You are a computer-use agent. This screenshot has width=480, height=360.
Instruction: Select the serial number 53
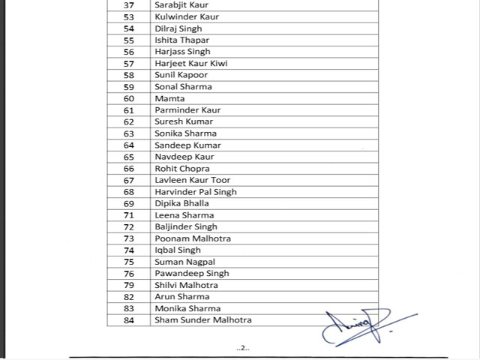click(x=129, y=16)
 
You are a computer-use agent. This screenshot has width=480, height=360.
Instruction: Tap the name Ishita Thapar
click(x=182, y=40)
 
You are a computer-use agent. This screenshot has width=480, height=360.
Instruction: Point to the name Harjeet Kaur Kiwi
click(x=191, y=63)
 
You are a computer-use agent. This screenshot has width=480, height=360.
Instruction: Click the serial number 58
click(x=129, y=75)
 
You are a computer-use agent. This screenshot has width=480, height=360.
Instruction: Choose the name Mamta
click(x=169, y=98)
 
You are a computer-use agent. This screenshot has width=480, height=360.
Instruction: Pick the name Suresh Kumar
click(x=184, y=121)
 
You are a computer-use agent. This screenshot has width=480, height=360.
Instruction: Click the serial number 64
click(x=129, y=145)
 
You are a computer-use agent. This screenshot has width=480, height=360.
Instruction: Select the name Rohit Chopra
click(x=182, y=168)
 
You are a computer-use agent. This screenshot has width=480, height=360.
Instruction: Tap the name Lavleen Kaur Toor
click(x=193, y=180)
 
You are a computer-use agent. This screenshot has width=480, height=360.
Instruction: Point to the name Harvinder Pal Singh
click(x=196, y=192)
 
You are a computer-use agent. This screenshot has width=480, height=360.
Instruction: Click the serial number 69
click(x=129, y=203)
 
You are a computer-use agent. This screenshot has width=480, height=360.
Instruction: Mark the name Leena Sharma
click(x=184, y=215)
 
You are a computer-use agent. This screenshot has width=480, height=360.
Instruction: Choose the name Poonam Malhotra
click(x=193, y=238)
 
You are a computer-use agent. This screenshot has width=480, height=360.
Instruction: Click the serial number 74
click(x=129, y=250)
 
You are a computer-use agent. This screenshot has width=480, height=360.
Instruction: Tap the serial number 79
click(x=129, y=285)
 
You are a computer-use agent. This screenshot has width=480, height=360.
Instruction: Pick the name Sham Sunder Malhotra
click(x=203, y=320)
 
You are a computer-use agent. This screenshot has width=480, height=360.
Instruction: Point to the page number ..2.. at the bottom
click(x=242, y=348)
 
